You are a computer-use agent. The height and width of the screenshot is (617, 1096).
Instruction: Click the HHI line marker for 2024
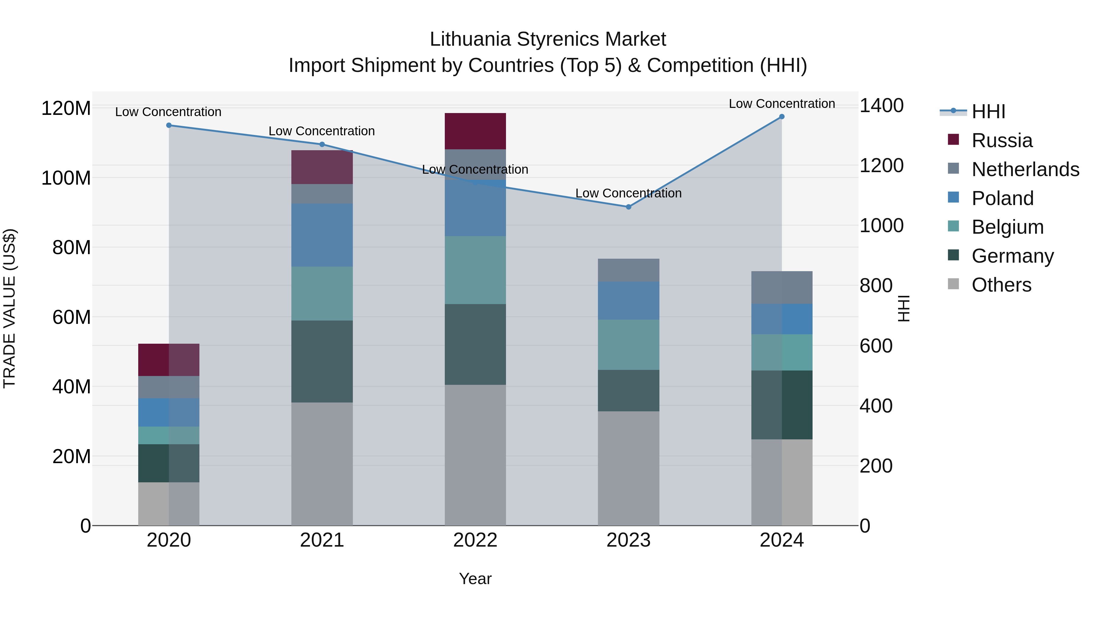pos(782,117)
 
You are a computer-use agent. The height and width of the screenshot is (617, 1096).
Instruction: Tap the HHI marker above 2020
pos(169,125)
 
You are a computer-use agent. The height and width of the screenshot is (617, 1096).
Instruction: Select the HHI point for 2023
pos(628,207)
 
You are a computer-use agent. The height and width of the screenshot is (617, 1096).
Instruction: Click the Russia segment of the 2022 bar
pos(475,131)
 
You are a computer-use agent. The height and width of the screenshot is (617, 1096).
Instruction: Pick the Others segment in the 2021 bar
pos(322,464)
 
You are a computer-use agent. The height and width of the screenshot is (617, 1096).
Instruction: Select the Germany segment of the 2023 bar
pos(628,391)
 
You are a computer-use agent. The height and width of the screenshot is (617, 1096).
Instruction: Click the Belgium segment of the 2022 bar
pos(475,270)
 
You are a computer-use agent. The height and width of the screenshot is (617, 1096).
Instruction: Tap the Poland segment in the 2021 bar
pos(322,235)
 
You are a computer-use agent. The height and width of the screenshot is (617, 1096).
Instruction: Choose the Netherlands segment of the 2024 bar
pos(782,287)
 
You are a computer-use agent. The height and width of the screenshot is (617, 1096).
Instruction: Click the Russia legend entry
pos(1002,140)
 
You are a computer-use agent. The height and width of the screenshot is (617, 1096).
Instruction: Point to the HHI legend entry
pos(988,112)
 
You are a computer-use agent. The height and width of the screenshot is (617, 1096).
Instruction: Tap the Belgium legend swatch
pos(954,226)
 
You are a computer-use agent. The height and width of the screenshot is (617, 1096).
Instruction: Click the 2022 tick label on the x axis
pos(475,540)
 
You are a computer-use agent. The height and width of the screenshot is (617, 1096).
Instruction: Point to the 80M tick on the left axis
pos(72,247)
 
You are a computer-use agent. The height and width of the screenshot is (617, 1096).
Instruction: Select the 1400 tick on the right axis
pos(881,106)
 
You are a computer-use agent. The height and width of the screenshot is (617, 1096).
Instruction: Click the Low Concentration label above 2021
pos(322,131)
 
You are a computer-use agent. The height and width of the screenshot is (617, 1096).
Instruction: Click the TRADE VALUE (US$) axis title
pos(9,308)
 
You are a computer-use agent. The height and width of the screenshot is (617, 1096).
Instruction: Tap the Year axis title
pos(475,579)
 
